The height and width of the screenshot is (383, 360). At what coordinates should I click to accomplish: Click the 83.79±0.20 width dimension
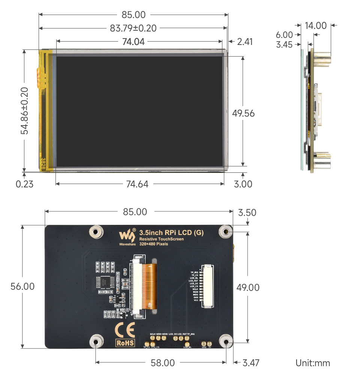[133, 28]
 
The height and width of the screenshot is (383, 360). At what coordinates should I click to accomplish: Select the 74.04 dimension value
[133, 42]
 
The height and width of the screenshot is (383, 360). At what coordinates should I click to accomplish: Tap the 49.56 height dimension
[243, 113]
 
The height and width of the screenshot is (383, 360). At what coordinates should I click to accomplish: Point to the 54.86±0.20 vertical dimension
[24, 111]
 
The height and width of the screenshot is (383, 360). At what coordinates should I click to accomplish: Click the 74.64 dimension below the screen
[137, 184]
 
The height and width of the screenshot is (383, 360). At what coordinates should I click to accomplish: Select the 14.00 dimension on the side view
[315, 25]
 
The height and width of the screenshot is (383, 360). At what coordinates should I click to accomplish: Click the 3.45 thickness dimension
[284, 45]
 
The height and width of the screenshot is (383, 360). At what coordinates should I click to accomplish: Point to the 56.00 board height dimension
[23, 286]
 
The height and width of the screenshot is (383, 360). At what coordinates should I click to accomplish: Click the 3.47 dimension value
[251, 363]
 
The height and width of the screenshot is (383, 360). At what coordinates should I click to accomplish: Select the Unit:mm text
[313, 363]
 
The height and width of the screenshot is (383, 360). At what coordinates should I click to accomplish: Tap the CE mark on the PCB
[125, 330]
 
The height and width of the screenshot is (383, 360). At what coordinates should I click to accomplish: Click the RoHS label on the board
[125, 343]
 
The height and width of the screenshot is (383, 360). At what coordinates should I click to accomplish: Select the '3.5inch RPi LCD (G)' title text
[171, 233]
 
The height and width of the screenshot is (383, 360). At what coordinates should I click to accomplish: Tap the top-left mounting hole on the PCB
[96, 232]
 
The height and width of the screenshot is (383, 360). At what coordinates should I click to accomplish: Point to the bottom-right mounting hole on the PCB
[226, 341]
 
